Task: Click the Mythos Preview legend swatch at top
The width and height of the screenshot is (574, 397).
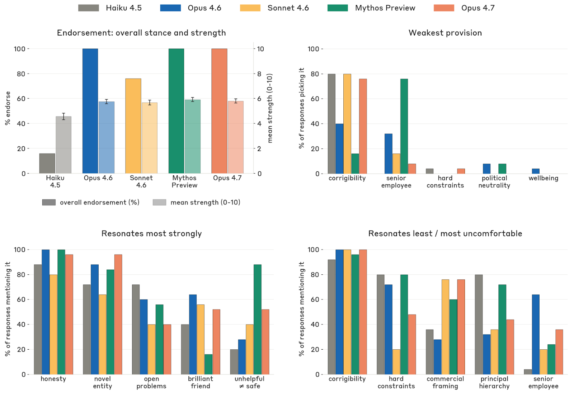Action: point(337,8)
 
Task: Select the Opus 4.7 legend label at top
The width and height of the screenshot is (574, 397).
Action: point(477,8)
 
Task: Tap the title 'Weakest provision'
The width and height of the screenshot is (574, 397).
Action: point(445,33)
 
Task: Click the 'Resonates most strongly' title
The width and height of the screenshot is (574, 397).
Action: point(151,233)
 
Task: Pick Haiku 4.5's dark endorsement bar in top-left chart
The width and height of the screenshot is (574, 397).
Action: point(47,164)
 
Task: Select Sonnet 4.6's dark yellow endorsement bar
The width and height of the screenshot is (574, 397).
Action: point(133,126)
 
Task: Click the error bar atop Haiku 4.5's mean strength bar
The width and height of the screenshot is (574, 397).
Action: point(63,116)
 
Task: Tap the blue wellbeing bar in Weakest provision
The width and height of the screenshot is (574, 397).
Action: point(536,171)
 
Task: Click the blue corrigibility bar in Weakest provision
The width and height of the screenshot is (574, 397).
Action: point(339,148)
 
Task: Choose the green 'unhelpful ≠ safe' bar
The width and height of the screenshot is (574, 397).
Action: point(257,319)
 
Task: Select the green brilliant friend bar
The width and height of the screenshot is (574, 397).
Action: point(208,364)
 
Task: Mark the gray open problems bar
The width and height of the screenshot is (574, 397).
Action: point(136,329)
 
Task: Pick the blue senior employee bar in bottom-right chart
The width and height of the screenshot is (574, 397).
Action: point(536,334)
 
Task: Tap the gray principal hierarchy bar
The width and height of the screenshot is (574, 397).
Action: point(479,324)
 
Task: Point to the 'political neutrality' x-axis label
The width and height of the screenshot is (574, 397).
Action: point(494,182)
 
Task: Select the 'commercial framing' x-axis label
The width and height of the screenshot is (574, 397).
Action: point(445,383)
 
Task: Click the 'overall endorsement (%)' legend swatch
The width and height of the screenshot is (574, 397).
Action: point(49,202)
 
